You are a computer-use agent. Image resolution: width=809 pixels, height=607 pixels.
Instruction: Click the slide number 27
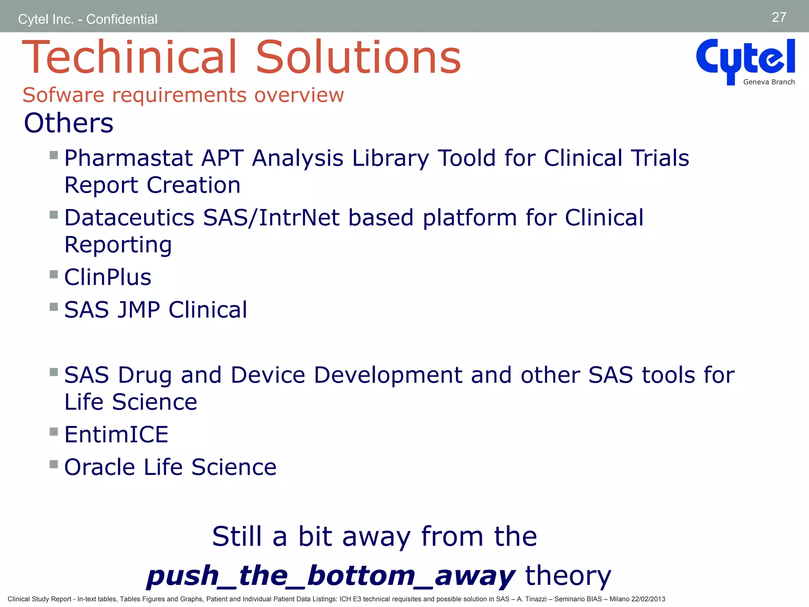tap(779, 17)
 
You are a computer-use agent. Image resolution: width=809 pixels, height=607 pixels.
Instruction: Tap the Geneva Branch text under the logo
tap(769, 82)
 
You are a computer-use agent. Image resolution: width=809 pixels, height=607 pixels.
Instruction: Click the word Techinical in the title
tap(129, 57)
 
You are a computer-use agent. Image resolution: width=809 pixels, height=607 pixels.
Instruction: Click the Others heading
tap(68, 123)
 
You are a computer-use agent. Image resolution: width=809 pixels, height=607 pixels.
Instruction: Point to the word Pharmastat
tap(128, 158)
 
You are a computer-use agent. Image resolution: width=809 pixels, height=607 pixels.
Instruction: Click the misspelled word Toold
tap(467, 158)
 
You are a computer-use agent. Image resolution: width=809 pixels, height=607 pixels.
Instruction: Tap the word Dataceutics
tap(129, 218)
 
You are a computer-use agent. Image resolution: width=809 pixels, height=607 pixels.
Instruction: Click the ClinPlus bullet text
tap(107, 277)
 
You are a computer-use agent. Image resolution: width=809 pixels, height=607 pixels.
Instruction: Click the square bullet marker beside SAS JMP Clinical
tap(54, 307)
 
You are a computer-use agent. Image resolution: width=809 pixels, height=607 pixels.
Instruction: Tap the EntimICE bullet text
tap(116, 434)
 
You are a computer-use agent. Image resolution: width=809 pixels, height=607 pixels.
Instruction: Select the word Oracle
tap(100, 467)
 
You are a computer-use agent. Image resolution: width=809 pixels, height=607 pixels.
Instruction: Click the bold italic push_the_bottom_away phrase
tap(330, 575)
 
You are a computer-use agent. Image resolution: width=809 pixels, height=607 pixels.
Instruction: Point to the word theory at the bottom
tap(568, 575)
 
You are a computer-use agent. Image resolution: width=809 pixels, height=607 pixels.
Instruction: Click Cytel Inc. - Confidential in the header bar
tap(88, 19)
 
